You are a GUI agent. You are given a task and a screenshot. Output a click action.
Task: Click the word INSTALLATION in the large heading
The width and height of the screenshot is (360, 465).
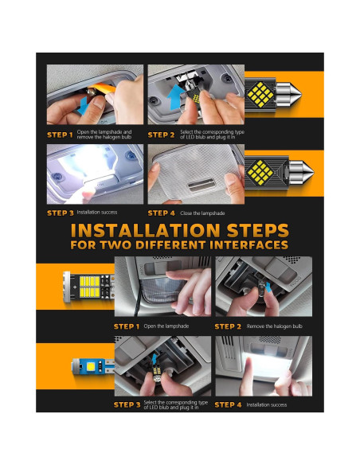146,231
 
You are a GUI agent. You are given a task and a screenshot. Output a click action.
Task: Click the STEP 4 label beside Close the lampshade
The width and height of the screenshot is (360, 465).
162,213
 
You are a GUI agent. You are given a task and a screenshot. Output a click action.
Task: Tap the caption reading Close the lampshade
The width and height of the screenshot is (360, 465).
202,213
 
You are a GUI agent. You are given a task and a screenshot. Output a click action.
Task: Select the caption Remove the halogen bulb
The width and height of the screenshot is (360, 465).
274,326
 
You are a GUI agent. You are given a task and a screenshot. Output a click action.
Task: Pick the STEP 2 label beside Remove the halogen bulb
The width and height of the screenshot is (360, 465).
228,326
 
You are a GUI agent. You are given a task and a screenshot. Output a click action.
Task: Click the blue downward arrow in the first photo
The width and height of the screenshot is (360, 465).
83,106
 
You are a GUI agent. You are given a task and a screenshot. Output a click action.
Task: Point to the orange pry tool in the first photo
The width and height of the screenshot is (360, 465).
102,88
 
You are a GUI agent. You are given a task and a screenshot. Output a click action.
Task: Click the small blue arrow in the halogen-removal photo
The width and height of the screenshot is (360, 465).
268,287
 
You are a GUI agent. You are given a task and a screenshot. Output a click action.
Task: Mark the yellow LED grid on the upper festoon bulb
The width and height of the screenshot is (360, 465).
260,95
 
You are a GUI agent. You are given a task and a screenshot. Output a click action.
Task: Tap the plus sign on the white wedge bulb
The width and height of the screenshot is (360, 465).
74,287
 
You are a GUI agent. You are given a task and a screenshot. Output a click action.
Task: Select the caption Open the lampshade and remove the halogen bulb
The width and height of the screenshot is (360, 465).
104,135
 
